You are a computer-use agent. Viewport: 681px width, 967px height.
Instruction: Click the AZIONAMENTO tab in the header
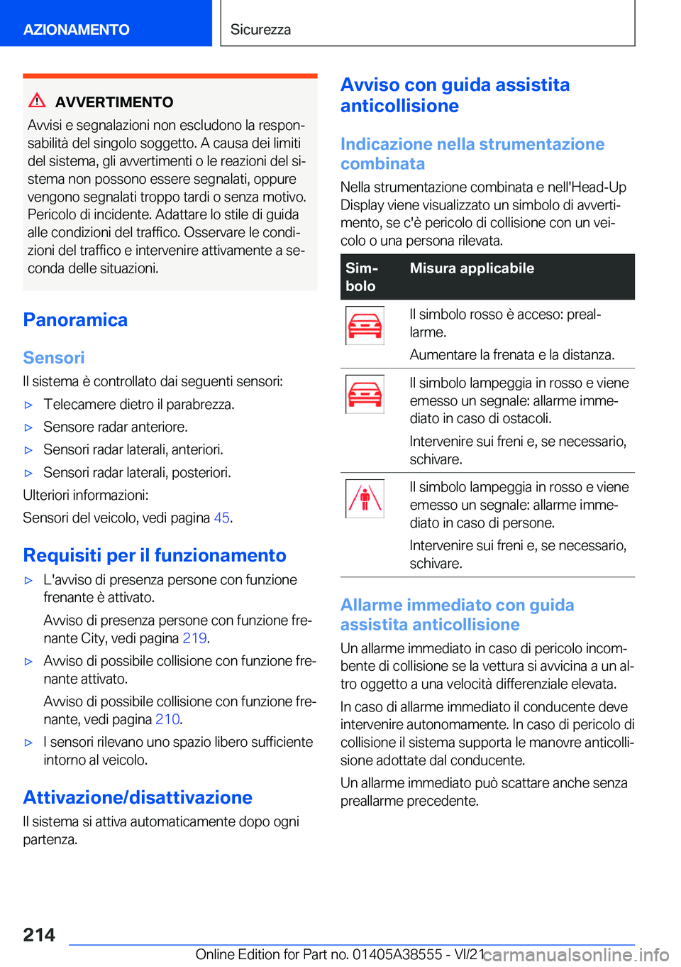point(77,30)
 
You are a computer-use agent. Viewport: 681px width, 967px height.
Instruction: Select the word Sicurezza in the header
point(260,30)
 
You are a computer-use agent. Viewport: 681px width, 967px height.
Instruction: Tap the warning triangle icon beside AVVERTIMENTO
point(37,101)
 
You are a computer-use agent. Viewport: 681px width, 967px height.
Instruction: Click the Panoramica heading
point(75,320)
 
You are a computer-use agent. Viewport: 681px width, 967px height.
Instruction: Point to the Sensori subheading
point(54,358)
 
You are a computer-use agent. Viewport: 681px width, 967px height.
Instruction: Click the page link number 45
point(221,518)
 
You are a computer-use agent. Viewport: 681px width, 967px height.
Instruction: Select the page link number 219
point(194,638)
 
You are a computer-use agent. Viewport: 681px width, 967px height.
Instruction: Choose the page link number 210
point(167,719)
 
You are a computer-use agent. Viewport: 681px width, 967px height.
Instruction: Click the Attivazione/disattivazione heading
point(138,798)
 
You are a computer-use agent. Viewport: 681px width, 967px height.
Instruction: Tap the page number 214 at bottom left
point(39,935)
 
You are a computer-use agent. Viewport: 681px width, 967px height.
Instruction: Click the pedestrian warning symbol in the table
point(365,498)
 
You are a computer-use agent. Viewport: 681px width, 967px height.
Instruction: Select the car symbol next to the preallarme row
point(365,325)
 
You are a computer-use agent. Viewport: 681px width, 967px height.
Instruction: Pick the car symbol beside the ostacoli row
point(365,394)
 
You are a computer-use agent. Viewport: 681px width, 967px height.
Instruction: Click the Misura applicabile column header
point(472,268)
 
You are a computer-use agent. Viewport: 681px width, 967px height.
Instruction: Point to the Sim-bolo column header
point(362,277)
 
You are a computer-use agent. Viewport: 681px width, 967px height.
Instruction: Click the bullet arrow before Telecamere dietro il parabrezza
point(29,405)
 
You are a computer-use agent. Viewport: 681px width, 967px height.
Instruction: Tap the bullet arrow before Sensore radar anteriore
point(29,428)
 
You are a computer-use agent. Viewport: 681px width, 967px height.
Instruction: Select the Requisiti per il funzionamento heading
point(155,556)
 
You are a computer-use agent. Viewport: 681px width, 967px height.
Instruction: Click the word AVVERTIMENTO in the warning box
point(114,102)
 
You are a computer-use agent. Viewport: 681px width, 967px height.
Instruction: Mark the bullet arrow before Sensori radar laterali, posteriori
point(29,474)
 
